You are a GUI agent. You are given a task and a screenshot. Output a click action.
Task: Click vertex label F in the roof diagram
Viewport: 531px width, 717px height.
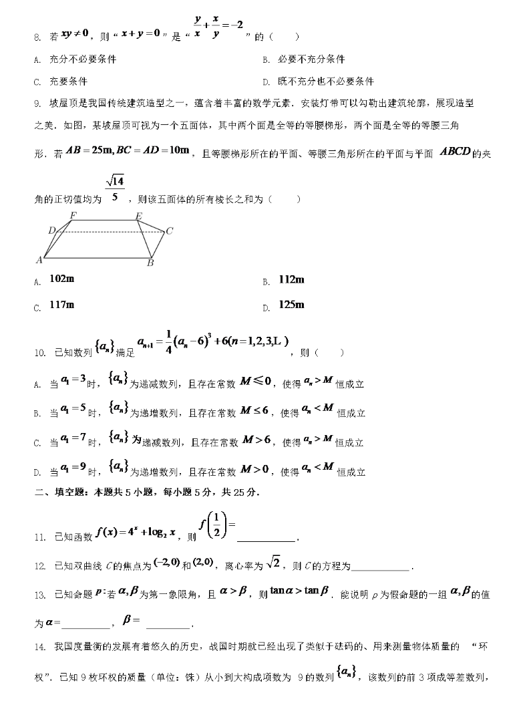(x=73, y=215)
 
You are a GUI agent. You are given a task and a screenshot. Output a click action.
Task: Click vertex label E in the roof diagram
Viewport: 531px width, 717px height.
(x=138, y=215)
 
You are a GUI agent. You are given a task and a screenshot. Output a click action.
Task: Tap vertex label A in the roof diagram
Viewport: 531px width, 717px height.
(x=39, y=259)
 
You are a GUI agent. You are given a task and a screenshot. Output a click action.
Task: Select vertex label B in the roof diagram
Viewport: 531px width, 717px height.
(x=150, y=263)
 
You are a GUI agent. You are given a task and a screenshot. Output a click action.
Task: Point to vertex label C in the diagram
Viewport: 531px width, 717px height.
(x=170, y=231)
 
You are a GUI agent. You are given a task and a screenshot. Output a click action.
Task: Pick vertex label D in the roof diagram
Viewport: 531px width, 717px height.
(x=51, y=231)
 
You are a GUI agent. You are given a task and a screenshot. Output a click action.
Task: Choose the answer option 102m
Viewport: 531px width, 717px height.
(x=61, y=279)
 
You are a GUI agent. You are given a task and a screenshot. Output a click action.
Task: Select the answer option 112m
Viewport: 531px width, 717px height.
(x=291, y=279)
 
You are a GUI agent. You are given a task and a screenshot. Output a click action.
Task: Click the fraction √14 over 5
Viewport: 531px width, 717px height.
(x=115, y=189)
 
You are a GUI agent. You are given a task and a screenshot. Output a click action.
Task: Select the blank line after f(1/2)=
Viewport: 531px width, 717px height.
(x=266, y=539)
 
